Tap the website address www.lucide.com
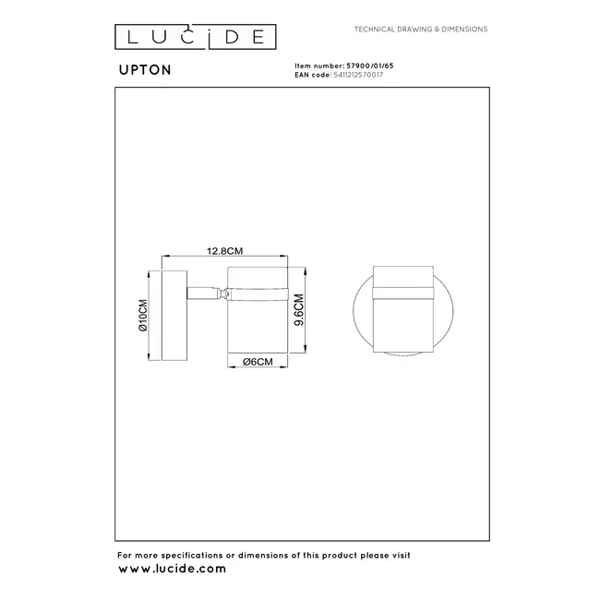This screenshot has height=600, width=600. point(171,569)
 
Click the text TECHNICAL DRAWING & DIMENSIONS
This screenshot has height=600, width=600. point(421,30)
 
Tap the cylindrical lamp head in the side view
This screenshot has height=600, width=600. point(258,323)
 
